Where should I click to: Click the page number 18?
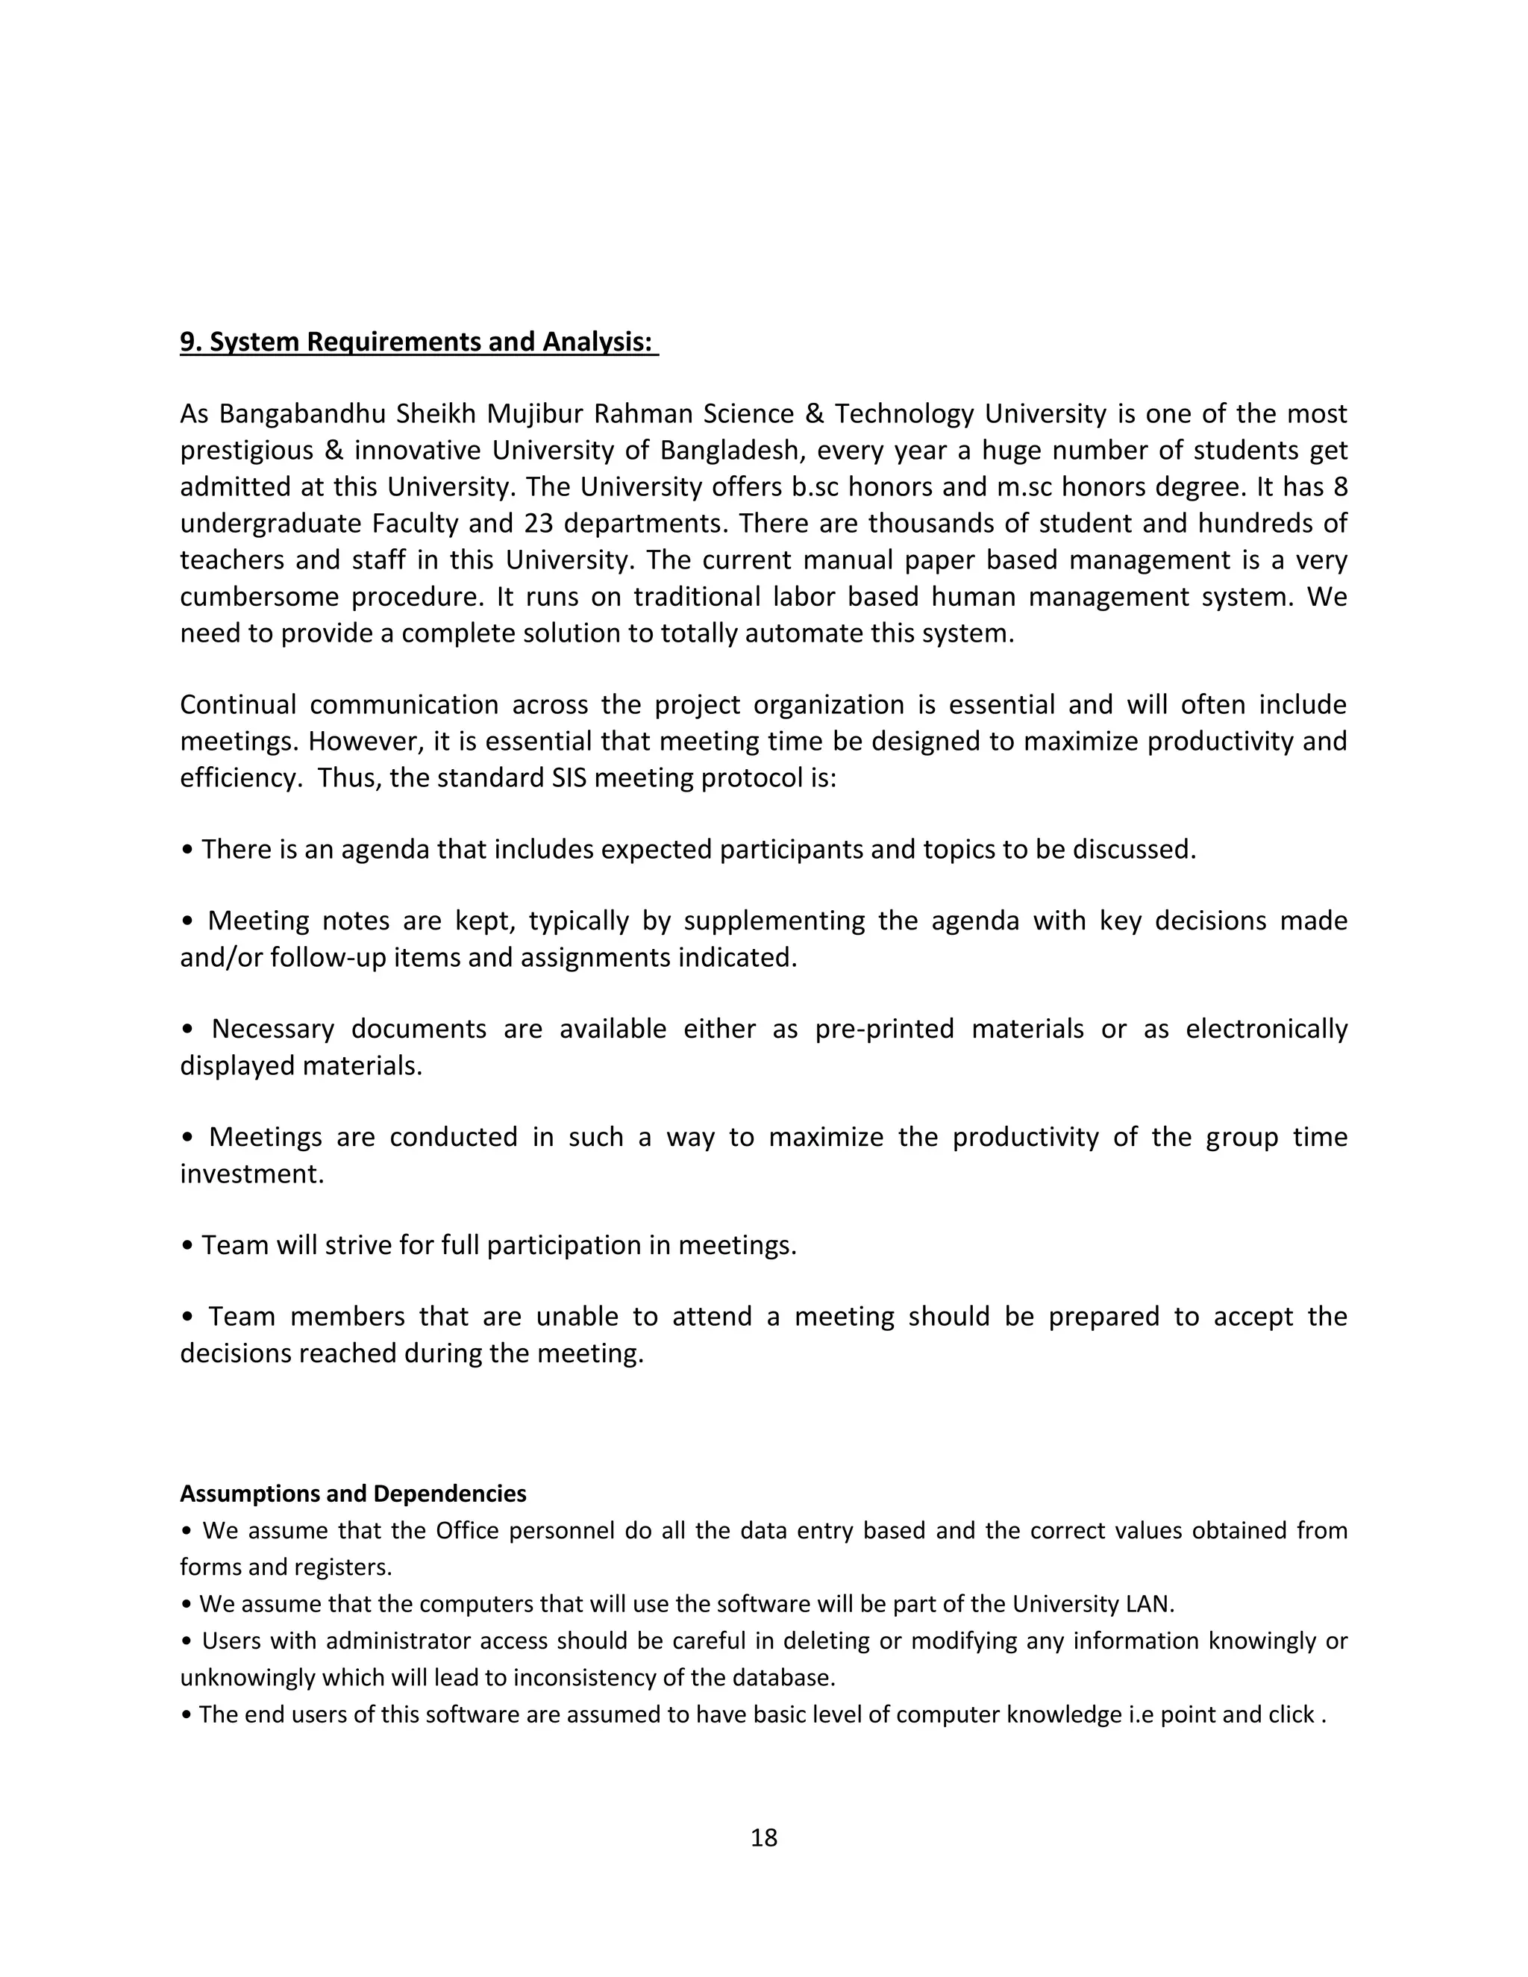763,1837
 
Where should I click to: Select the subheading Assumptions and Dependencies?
353,1493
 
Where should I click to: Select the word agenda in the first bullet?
385,849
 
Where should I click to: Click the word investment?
251,1174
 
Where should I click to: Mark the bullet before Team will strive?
187,1247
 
